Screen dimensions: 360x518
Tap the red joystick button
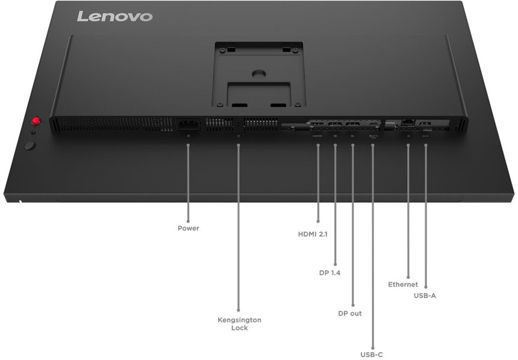(x=36, y=122)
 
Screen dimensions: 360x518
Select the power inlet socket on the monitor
(x=187, y=125)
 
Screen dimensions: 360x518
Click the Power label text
(x=188, y=228)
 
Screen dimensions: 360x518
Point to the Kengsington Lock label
(x=239, y=324)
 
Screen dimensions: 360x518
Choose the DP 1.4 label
(x=329, y=273)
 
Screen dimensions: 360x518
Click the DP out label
(x=350, y=314)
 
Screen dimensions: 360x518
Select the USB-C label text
(x=372, y=355)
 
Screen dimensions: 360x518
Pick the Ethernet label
(x=403, y=284)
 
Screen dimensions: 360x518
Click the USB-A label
(x=425, y=296)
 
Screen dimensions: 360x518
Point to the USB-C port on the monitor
(x=373, y=126)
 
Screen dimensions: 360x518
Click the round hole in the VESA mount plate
(x=258, y=74)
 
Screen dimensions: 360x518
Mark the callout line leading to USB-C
(x=372, y=241)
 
